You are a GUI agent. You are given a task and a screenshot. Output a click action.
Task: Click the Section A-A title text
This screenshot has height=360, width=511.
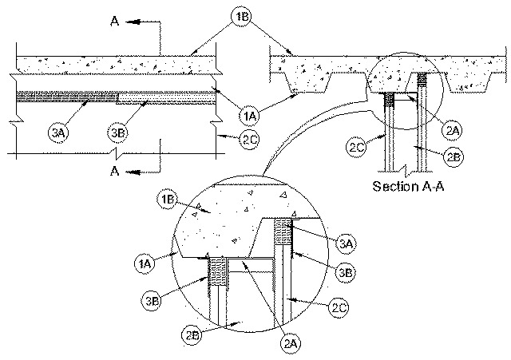click(x=408, y=186)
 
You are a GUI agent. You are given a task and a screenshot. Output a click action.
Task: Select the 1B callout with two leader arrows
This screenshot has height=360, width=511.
click(x=241, y=16)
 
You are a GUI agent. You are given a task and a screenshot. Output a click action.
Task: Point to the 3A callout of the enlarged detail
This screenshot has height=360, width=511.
click(x=346, y=243)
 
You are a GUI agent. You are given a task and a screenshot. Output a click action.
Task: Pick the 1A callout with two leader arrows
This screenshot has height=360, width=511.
click(x=250, y=116)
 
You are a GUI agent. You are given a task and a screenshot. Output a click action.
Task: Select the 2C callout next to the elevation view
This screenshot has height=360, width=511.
click(x=250, y=140)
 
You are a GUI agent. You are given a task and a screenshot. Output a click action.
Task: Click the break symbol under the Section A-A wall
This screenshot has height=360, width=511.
click(x=405, y=169)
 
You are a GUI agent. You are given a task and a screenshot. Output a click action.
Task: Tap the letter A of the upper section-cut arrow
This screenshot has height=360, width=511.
click(x=115, y=22)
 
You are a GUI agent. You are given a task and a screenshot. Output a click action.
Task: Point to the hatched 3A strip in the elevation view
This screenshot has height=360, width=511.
click(x=66, y=97)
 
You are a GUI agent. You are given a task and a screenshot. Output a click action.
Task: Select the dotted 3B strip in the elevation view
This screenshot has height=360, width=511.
click(x=166, y=98)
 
